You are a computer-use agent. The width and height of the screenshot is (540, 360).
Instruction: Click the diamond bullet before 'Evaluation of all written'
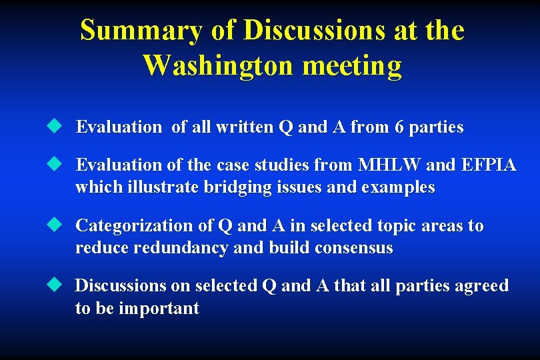point(54,126)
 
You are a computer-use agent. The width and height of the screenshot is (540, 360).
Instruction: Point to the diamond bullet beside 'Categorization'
point(54,225)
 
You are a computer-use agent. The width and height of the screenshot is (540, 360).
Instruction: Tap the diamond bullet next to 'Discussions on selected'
point(54,285)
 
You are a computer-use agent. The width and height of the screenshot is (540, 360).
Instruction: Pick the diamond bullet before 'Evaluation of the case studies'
point(54,164)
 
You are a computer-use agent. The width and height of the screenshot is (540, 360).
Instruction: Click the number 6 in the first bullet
point(399,127)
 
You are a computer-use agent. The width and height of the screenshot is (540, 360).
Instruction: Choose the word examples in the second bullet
point(398,188)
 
